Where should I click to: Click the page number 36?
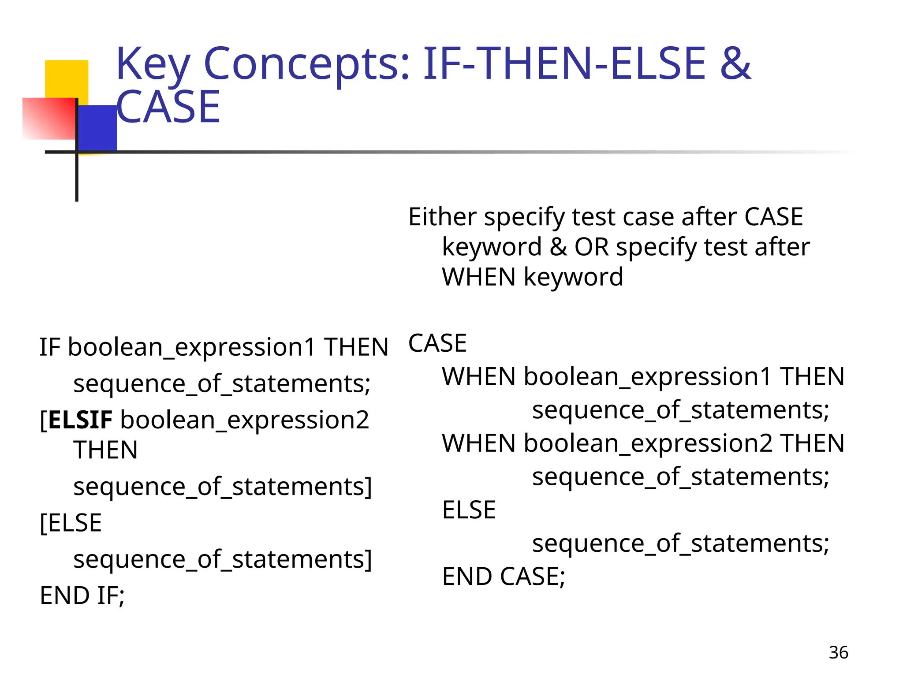tap(838, 652)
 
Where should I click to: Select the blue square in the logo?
tap(97, 128)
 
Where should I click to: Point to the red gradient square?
tap(49, 119)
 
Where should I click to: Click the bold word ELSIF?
tap(80, 420)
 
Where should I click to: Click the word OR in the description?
tap(591, 247)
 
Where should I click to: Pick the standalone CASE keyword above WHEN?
tap(437, 343)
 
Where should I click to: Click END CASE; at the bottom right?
tap(504, 577)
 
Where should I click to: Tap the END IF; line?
tap(82, 596)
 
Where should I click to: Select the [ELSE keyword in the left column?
tap(71, 523)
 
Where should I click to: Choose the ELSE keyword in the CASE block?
tap(469, 510)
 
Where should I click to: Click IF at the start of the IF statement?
tap(49, 347)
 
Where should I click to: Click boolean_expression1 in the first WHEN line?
tap(647, 377)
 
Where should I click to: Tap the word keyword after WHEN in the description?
tap(573, 277)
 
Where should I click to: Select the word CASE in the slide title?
tap(168, 107)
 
